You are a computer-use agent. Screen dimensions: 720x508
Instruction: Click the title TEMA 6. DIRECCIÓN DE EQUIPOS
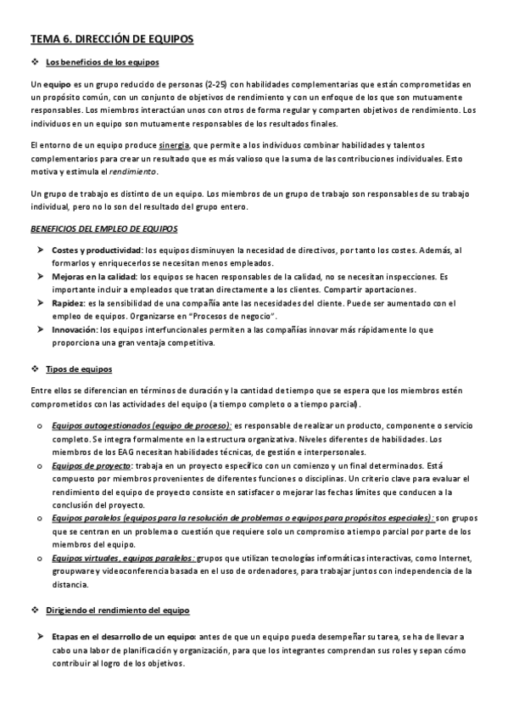[x=112, y=39]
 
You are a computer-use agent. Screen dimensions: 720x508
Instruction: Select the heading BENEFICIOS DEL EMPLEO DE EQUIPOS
[x=103, y=229]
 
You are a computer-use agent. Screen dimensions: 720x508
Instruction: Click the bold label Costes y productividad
[x=97, y=251]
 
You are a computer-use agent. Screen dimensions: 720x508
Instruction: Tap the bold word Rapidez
[x=68, y=303]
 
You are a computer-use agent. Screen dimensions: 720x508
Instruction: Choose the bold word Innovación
[x=74, y=329]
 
